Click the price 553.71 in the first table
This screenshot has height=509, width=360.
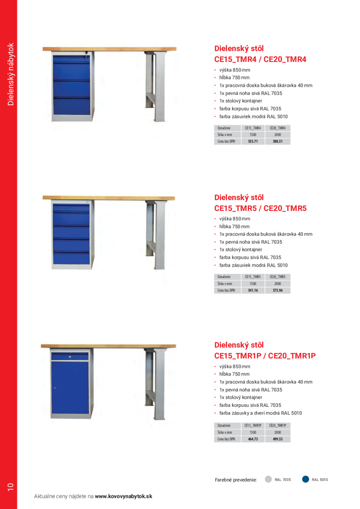(253, 141)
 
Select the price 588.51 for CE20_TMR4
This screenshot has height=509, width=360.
(278, 141)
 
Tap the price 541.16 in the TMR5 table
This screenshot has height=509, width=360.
(253, 290)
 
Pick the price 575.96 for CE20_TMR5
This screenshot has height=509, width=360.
(278, 290)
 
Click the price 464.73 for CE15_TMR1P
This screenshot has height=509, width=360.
(253, 439)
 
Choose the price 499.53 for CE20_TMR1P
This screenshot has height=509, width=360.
(278, 439)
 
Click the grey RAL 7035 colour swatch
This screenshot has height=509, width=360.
(268, 479)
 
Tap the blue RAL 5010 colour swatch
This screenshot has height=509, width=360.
(306, 479)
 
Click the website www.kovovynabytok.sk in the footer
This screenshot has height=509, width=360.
(123, 496)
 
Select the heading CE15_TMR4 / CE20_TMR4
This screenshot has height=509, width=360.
(260, 59)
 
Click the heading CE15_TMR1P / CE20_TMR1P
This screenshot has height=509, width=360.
(265, 356)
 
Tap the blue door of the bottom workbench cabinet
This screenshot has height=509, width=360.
(70, 387)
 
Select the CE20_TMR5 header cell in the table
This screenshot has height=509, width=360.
(278, 277)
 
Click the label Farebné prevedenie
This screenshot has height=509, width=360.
(236, 480)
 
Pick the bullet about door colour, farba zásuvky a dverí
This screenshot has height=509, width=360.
(260, 413)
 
